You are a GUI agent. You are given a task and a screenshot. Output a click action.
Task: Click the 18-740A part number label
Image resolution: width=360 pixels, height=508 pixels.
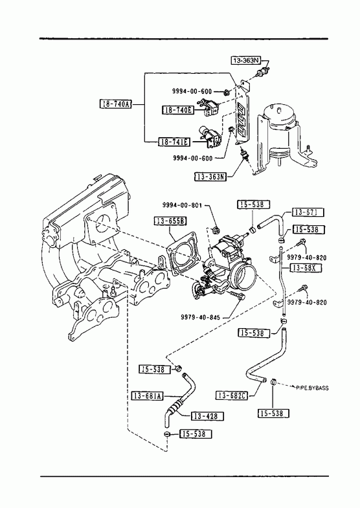point(115,104)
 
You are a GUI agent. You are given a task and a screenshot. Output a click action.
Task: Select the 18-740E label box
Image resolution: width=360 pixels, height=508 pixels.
point(178,110)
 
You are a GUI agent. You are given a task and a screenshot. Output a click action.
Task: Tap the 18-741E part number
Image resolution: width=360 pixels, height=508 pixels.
point(174,142)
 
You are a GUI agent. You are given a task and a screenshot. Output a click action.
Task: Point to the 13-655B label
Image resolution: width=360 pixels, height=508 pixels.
point(170,221)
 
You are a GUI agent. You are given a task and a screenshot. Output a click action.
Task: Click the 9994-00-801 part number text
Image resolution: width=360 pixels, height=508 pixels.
point(182,205)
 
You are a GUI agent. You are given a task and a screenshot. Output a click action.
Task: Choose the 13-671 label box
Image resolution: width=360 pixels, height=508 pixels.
point(308,212)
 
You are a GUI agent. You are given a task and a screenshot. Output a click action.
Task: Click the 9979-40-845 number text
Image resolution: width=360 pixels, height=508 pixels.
point(200,317)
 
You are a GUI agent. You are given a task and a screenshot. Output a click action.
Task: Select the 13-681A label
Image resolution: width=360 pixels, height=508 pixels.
point(148,395)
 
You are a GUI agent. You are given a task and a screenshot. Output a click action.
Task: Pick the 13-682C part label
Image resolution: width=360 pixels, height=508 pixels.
point(232,395)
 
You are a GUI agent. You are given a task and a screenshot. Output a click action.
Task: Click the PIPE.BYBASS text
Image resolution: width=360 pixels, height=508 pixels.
point(312,388)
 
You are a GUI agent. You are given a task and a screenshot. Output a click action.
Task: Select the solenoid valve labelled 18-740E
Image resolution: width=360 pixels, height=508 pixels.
point(210,107)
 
